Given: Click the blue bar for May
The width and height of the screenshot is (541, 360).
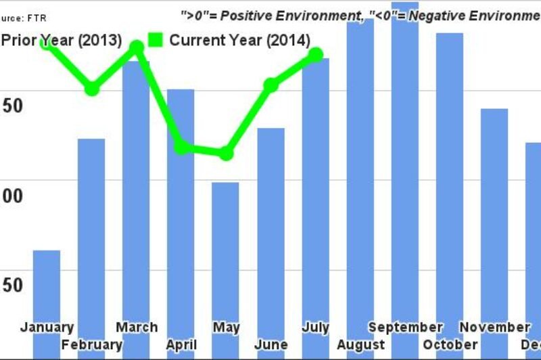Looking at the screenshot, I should (x=225, y=250).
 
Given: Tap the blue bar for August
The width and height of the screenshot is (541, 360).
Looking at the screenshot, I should (x=360, y=169).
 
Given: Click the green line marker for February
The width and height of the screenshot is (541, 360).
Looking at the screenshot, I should (x=92, y=89).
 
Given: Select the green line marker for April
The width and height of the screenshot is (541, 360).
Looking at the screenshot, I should (x=181, y=148).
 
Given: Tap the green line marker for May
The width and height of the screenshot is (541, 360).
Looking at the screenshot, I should (x=226, y=154).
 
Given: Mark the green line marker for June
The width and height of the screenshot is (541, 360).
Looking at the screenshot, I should (x=270, y=85).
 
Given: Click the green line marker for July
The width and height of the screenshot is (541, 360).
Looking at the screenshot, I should (x=315, y=55).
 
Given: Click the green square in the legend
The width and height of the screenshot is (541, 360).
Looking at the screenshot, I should (x=155, y=40).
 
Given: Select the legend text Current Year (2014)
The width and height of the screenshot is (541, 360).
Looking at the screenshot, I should (x=239, y=41).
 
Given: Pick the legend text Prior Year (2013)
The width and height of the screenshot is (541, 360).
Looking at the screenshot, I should (x=61, y=41).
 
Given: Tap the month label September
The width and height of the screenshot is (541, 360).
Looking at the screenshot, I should (x=405, y=328).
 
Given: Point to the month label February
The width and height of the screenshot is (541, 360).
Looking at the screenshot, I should (x=92, y=345).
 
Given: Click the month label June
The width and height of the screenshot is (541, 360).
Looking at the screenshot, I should (x=270, y=345).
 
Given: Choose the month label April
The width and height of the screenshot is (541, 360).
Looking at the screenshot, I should (x=181, y=345).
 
